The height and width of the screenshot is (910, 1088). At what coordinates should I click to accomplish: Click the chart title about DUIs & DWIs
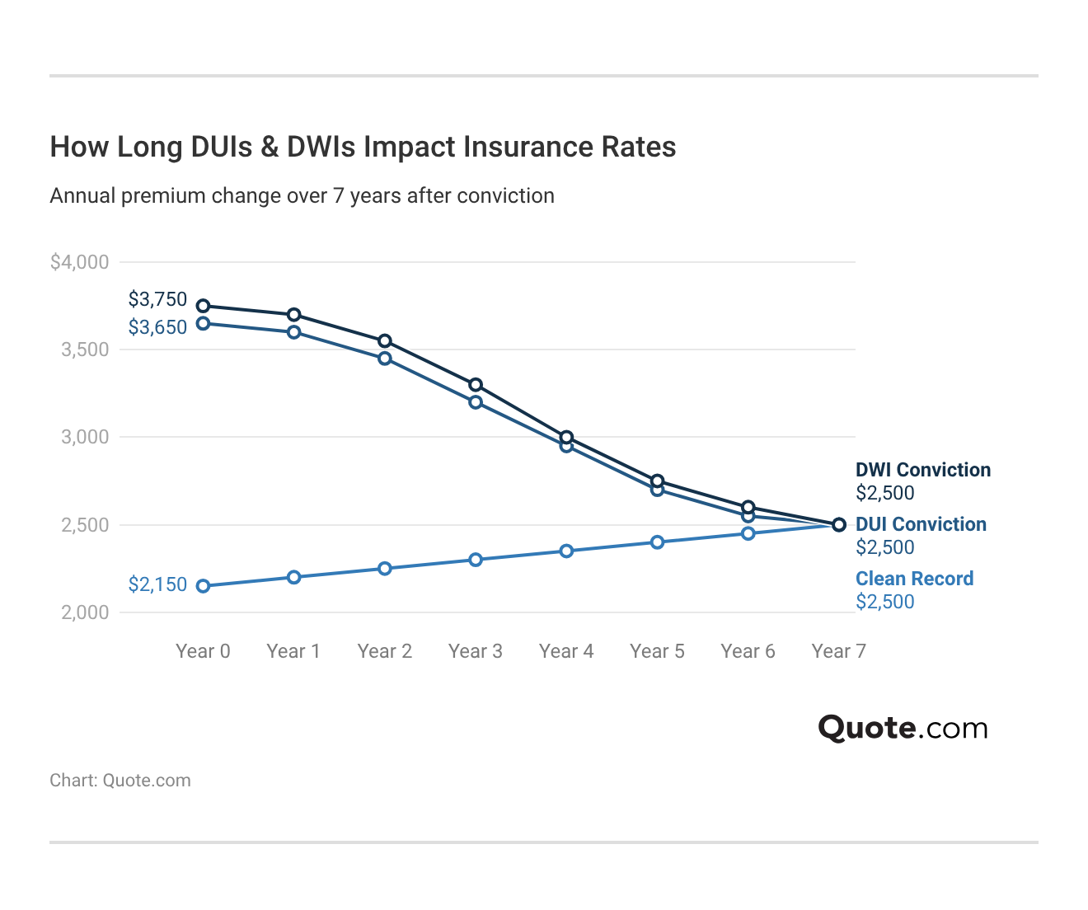(363, 147)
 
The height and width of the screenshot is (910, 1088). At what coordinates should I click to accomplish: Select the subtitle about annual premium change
(302, 196)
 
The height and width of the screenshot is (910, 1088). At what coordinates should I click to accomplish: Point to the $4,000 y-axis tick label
(79, 262)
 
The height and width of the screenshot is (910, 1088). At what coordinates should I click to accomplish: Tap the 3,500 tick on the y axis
(85, 349)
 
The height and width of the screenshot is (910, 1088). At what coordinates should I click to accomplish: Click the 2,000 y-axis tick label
(85, 612)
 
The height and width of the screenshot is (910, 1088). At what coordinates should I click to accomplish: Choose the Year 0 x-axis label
(203, 651)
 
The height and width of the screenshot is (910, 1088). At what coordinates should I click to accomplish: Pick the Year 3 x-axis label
(475, 651)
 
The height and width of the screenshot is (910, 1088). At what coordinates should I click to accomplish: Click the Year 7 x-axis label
(838, 651)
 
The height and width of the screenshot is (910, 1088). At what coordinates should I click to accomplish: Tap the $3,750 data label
(157, 299)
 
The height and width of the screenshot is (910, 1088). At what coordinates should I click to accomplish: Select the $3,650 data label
(157, 327)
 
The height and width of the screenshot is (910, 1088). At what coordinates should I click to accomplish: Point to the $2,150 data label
(157, 584)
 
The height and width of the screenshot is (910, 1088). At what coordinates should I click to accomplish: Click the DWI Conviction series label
(923, 470)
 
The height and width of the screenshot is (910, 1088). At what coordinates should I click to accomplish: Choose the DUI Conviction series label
(921, 524)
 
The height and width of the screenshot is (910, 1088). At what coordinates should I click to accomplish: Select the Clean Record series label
(914, 579)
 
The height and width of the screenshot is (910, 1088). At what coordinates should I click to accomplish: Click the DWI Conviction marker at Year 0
(203, 306)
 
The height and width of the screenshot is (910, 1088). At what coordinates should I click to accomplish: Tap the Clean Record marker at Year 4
(566, 551)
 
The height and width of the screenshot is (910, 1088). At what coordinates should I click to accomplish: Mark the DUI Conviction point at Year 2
(385, 359)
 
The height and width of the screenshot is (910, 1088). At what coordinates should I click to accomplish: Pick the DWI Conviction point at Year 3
(476, 385)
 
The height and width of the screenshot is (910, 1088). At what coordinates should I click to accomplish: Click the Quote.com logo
(903, 728)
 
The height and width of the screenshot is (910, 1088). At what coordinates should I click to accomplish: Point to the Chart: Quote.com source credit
(120, 781)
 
